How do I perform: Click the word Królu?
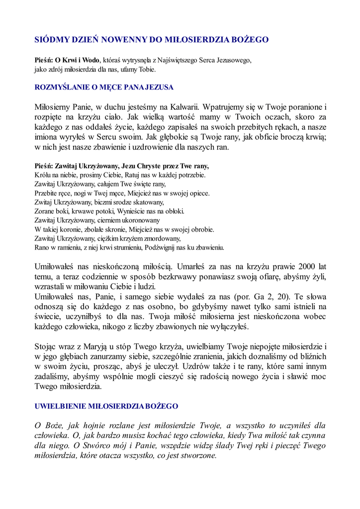click(x=42, y=175)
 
